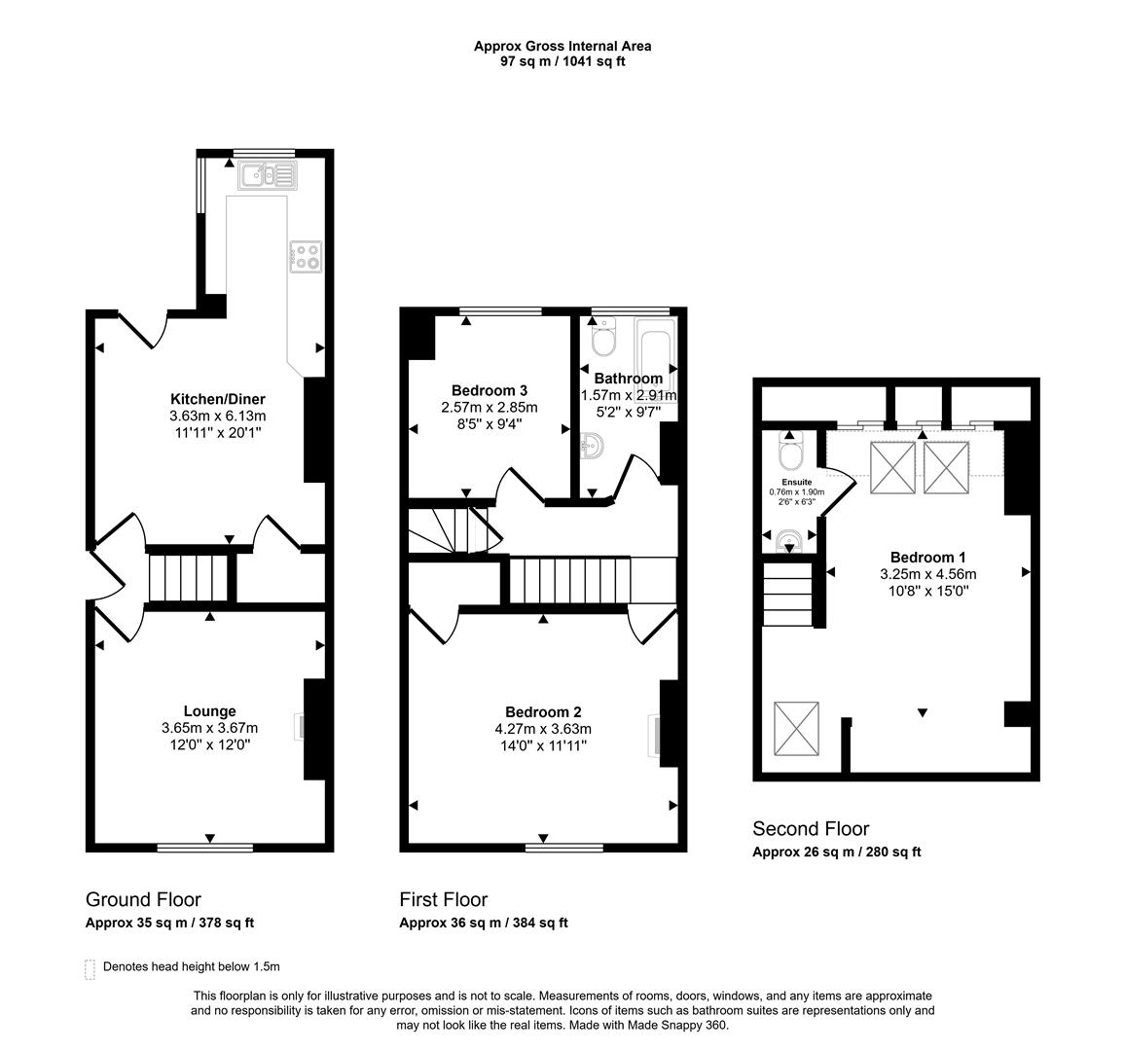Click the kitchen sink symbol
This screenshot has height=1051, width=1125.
pos(266,175)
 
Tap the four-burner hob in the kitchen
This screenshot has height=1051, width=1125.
pos(306,256)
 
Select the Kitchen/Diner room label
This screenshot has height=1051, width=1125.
pos(217,399)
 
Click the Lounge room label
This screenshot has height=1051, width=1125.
pos(209,711)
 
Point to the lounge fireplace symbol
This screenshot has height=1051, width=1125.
pos(300,728)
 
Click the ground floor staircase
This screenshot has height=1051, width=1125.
pos(191,578)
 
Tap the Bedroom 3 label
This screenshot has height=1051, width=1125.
pos(489,391)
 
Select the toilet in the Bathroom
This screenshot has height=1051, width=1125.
pos(604,341)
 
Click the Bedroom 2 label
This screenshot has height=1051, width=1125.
pos(543,711)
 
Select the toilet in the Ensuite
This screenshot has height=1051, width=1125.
pos(789,454)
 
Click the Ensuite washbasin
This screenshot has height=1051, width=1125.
pos(789,538)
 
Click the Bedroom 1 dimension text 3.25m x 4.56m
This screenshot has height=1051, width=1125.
pos(927,573)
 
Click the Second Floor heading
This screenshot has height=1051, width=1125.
pos(810,829)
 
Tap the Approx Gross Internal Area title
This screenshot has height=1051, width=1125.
pos(562,45)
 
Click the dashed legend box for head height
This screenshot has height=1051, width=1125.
pos(91,968)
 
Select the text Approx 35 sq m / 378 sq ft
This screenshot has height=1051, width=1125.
pos(169,923)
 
